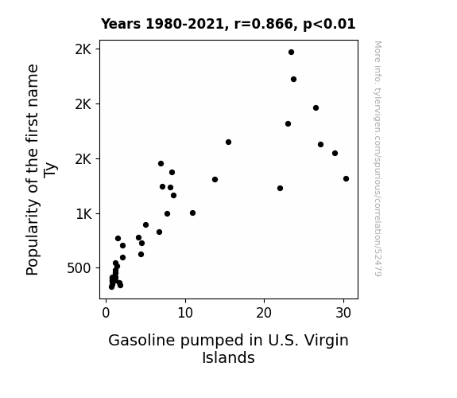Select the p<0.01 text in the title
coord(329,25)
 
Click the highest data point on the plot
coord(291,53)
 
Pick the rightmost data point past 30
coord(346,179)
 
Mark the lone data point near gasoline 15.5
coord(229,142)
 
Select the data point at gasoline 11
coord(192,213)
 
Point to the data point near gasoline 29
coord(335,154)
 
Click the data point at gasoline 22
coord(280,189)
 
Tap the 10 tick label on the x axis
coord(185,314)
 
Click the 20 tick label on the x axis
coord(264,314)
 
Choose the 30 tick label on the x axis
coord(343,314)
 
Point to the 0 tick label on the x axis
coord(106,314)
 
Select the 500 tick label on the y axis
coord(79,268)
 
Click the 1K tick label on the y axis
coord(84,214)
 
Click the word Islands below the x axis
coord(229,357)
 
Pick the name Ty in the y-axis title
coord(50,170)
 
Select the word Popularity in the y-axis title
coord(32,237)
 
